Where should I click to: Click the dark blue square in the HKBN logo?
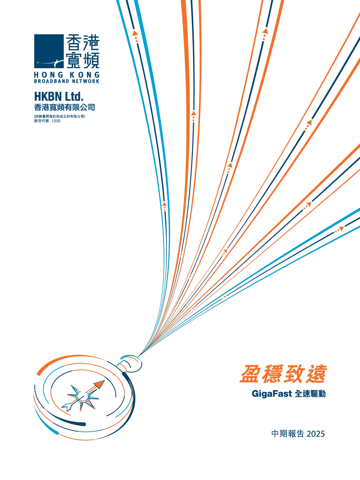click(x=49, y=51)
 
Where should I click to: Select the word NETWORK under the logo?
click(x=86, y=81)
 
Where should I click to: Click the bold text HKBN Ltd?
click(x=59, y=97)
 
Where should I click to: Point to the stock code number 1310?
click(x=56, y=121)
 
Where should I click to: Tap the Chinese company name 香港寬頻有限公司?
click(x=65, y=107)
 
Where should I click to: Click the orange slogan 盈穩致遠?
click(x=283, y=374)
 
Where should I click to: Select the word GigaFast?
click(x=272, y=394)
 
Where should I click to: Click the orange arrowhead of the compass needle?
click(x=99, y=384)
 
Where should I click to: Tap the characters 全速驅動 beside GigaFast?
click(x=310, y=394)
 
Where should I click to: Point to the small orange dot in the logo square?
click(x=38, y=62)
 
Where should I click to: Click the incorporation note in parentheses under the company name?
click(x=60, y=116)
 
